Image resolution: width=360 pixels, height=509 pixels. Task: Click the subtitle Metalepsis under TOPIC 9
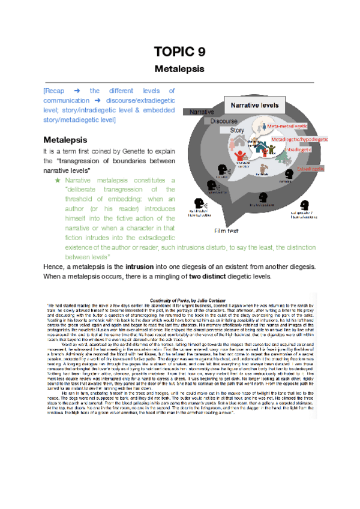(179, 68)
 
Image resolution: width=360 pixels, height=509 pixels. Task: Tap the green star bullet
(58, 180)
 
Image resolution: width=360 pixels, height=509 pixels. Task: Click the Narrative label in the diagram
(203, 112)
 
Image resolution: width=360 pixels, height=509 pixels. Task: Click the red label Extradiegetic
(310, 168)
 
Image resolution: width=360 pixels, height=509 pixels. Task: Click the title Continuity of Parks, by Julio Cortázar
(180, 298)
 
